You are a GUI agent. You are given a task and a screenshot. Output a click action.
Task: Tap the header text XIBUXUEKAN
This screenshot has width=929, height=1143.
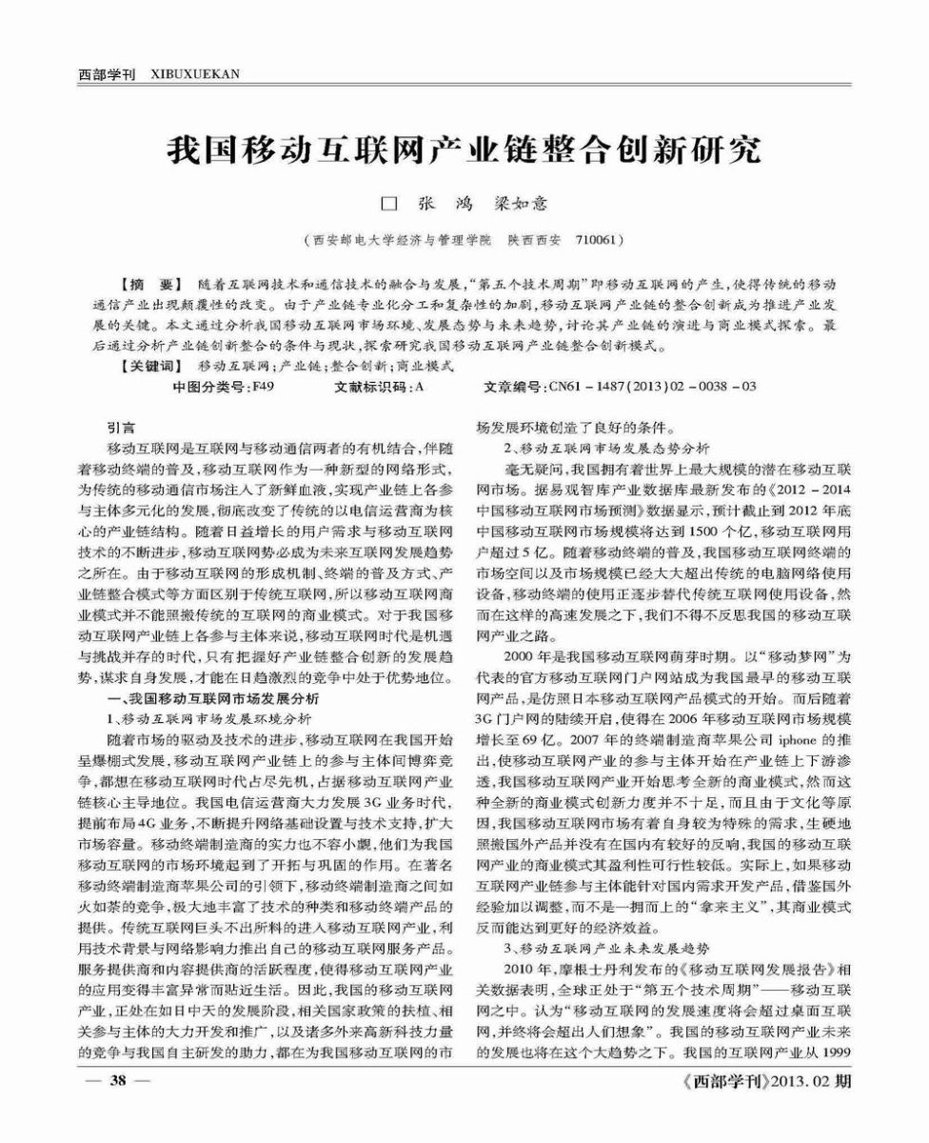(x=194, y=72)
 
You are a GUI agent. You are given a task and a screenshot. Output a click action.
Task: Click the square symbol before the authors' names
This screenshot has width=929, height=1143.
(x=387, y=205)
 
